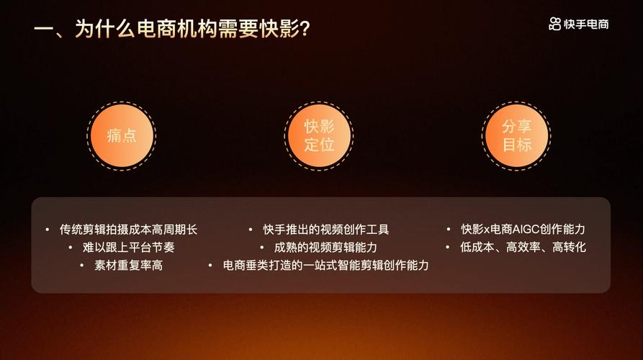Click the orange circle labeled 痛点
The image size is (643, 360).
(121, 135)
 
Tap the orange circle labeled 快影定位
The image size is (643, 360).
(319, 135)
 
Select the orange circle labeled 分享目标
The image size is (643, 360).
(516, 135)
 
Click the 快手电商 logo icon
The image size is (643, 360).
(554, 24)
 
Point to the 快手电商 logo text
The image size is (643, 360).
(587, 24)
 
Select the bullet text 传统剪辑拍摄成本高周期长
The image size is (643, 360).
(128, 230)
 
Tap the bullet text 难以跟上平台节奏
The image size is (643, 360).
(128, 248)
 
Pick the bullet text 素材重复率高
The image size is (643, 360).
(128, 266)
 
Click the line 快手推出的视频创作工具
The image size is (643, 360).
(326, 230)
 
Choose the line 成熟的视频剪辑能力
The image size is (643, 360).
(326, 248)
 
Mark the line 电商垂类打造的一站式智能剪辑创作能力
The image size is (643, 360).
(326, 266)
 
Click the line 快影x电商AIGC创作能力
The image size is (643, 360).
(523, 230)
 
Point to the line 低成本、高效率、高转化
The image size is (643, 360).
(523, 248)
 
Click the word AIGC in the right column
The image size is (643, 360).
(527, 230)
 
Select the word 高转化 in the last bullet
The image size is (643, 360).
(569, 248)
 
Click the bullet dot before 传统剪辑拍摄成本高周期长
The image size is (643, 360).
(47, 230)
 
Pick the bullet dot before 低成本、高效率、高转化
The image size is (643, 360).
(448, 248)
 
